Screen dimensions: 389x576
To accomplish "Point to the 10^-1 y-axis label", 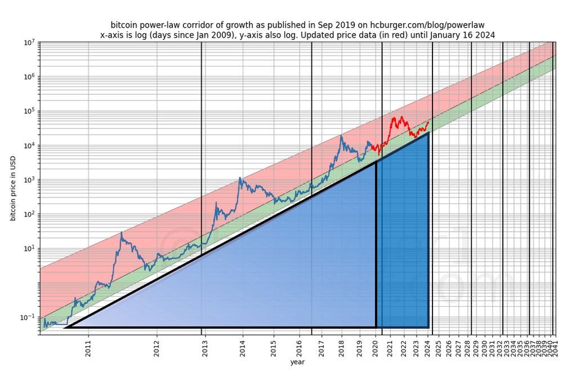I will (x=29, y=317).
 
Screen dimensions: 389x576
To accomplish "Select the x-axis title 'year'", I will (x=297, y=362).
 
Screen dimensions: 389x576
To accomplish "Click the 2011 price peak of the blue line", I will (x=122, y=232).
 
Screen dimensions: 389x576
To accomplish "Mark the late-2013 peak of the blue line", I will (x=240, y=178).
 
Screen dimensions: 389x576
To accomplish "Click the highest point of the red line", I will (x=401, y=117).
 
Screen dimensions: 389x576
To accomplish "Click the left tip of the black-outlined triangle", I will (x=65, y=327).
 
